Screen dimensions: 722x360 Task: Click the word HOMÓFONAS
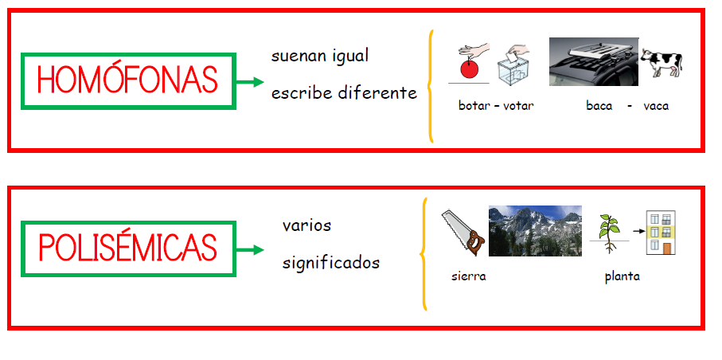[x=127, y=80]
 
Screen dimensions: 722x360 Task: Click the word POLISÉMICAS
[x=127, y=248]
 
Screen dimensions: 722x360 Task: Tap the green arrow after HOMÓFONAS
[x=250, y=82]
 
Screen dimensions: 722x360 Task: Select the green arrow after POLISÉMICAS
[x=250, y=250]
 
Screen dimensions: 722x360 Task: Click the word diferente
[x=377, y=92]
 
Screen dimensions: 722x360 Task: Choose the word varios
[x=306, y=226]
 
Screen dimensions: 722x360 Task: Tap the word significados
[x=331, y=264]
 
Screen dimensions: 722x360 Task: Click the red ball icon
[x=469, y=69]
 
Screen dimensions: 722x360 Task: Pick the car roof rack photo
[x=594, y=62]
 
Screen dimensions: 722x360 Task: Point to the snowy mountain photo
[x=535, y=230]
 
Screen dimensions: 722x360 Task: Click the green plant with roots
[x=609, y=233]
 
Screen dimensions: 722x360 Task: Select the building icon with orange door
[x=661, y=233]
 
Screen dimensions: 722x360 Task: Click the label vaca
[x=656, y=106]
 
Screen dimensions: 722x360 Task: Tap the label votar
[x=518, y=106]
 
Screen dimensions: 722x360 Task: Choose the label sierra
[x=468, y=276]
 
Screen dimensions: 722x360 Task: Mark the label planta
[x=622, y=277]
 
